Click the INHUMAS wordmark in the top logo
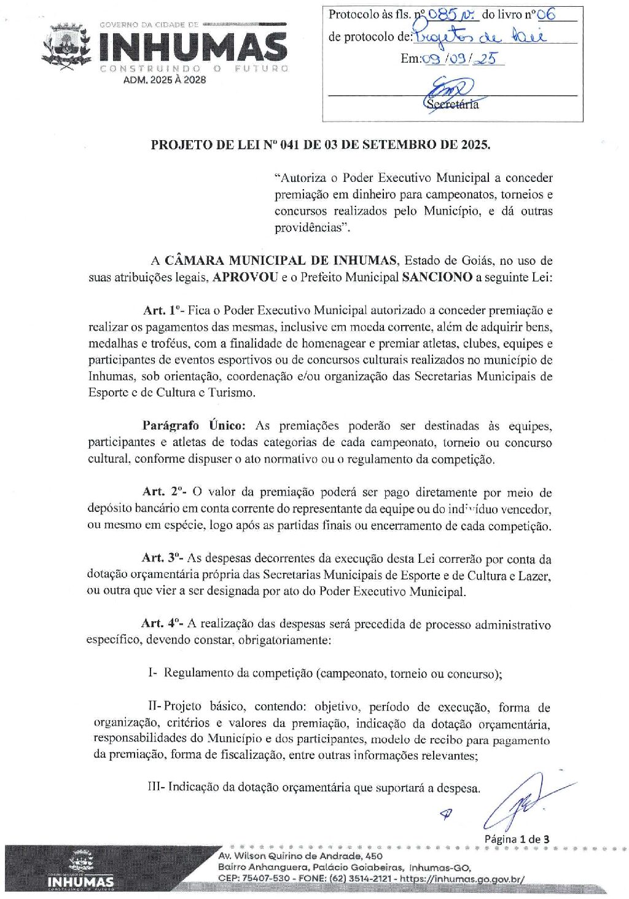click(x=193, y=47)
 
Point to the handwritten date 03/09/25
click(x=462, y=59)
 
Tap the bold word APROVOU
click(x=245, y=277)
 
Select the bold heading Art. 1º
click(x=163, y=310)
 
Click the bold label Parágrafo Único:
click(x=194, y=425)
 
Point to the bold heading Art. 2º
click(x=164, y=492)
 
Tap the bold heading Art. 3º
click(x=163, y=558)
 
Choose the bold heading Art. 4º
click(x=162, y=624)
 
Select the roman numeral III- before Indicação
click(x=156, y=787)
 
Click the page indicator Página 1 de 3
click(x=517, y=839)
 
